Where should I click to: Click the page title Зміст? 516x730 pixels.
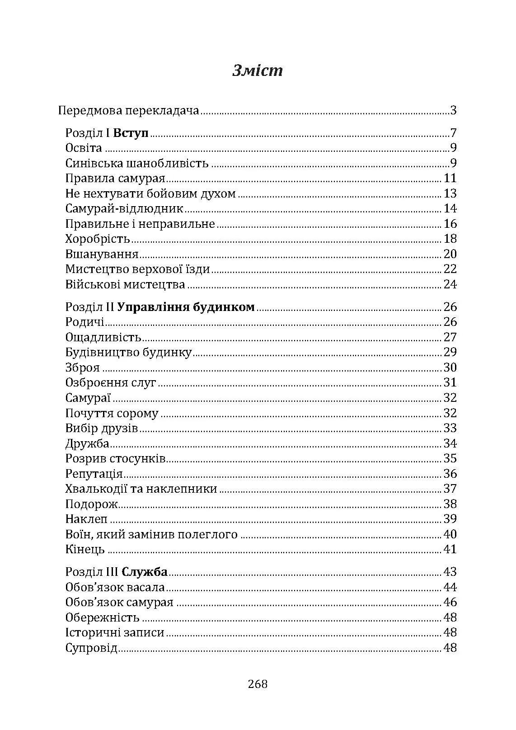(258, 71)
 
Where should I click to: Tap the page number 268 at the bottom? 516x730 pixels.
(258, 684)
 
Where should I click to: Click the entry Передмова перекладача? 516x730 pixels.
(129, 111)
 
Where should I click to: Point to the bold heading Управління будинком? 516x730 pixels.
(186, 307)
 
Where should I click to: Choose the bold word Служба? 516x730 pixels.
(145, 572)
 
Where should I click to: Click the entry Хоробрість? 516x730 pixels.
(98, 239)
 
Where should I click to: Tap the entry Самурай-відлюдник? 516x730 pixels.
(124, 209)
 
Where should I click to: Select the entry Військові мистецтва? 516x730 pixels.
(125, 285)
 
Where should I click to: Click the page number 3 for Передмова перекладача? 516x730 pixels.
(454, 111)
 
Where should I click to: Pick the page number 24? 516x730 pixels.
(450, 285)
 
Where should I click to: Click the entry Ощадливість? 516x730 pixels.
(103, 338)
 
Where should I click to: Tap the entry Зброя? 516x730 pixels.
(83, 368)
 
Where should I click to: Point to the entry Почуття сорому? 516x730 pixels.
(112, 414)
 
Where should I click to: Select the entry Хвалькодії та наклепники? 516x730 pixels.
(141, 489)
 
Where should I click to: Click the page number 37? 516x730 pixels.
(450, 489)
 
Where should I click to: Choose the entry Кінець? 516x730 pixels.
(85, 550)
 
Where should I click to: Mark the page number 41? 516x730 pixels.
(450, 550)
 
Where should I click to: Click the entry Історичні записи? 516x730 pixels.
(115, 633)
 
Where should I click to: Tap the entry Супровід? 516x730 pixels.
(91, 648)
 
